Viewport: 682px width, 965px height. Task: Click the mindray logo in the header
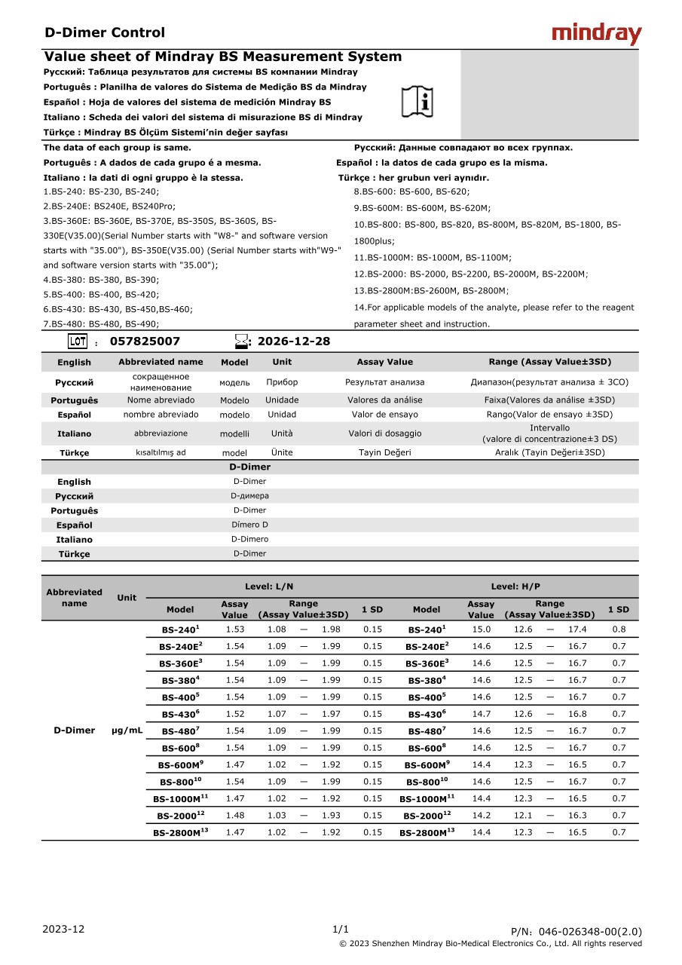point(597,33)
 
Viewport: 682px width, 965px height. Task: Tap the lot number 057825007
point(145,342)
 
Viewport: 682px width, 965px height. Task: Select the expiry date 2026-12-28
point(294,342)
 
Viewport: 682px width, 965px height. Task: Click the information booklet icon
point(417,101)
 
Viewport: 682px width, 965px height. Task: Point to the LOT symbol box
point(78,342)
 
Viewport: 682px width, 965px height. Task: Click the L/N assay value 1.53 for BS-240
point(235,630)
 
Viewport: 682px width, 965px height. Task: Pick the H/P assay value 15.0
point(481,630)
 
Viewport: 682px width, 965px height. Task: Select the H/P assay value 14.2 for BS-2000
point(481,816)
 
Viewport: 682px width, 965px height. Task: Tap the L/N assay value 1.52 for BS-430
point(235,714)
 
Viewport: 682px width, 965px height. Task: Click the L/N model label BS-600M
point(180,765)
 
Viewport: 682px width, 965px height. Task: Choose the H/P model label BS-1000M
point(427,799)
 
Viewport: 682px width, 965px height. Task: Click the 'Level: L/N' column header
point(269,587)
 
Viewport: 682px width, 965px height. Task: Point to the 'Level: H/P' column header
point(515,587)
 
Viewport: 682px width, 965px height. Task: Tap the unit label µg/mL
point(127,731)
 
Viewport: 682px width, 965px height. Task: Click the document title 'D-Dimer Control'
point(105,32)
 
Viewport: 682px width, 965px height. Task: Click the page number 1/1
point(341,929)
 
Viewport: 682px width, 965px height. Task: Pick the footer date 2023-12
point(64,929)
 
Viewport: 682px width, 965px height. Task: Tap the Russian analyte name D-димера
point(249,496)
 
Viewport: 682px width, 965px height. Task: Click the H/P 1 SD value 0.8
point(619,630)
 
